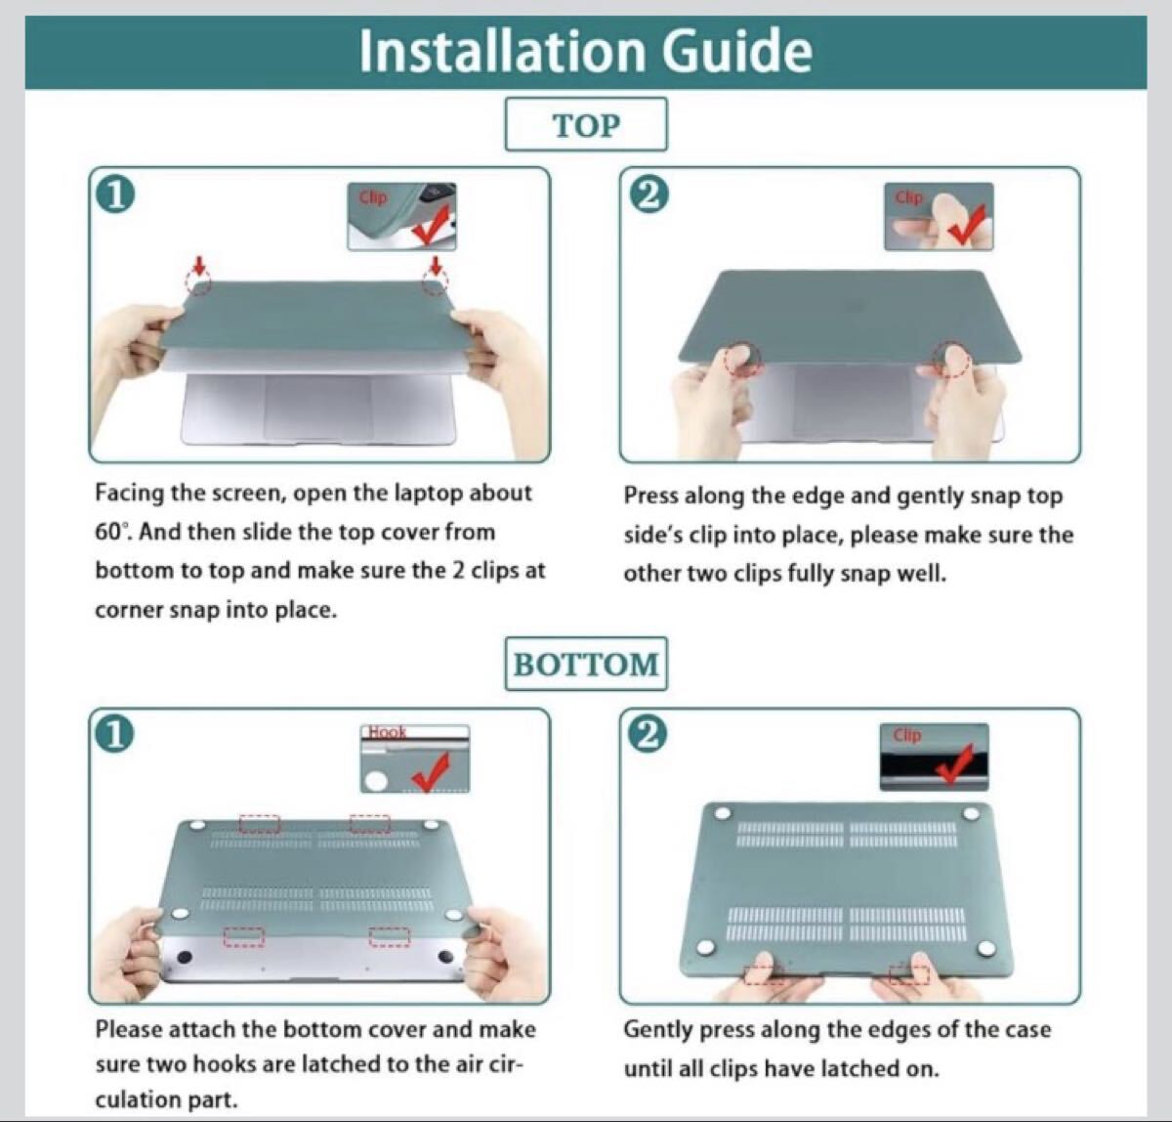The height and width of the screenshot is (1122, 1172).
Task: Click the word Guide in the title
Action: [x=737, y=51]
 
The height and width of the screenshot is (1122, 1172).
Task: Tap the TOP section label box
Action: [x=586, y=124]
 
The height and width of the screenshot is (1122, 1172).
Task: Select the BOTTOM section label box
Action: [x=586, y=664]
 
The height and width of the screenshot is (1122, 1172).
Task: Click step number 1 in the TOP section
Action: [x=115, y=196]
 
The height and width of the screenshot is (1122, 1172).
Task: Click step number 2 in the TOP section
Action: [x=649, y=196]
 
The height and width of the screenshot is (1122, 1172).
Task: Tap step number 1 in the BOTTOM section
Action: [x=115, y=736]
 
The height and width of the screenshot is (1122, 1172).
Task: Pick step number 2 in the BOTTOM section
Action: [x=649, y=736]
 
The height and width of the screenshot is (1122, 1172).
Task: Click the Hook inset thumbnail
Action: [x=415, y=758]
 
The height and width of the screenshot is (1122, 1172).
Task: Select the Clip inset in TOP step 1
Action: [x=401, y=216]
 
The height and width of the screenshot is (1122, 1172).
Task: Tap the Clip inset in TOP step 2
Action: [x=939, y=216]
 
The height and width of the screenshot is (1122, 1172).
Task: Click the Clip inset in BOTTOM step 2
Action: [x=934, y=757]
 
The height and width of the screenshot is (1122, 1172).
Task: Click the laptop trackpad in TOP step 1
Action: [x=317, y=408]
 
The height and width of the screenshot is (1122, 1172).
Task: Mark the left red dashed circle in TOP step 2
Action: [x=742, y=361]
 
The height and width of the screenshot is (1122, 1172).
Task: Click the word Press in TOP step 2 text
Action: [x=651, y=496]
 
